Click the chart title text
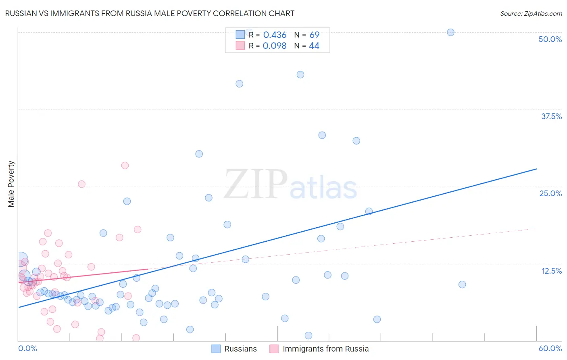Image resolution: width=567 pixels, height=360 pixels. click(x=150, y=13)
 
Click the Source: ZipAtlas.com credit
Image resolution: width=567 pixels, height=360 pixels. click(x=531, y=13)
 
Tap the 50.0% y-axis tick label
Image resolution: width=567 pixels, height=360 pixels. click(x=550, y=39)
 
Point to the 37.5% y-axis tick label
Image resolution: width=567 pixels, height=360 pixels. click(x=551, y=116)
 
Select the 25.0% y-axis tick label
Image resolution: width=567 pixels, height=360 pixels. click(x=550, y=193)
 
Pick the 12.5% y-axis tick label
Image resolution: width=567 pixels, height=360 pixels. click(x=551, y=271)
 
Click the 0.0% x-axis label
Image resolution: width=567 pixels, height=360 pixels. click(x=27, y=348)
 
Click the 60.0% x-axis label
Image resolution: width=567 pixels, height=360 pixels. click(x=550, y=348)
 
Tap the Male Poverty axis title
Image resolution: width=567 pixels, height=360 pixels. click(x=11, y=184)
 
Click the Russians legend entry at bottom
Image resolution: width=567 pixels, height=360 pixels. click(x=234, y=349)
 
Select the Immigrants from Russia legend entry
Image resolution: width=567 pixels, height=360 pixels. click(x=319, y=349)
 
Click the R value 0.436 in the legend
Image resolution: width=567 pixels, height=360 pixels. click(x=275, y=35)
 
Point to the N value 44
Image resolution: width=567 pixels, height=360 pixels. click(x=314, y=46)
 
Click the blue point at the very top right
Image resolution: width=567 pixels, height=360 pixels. click(x=450, y=32)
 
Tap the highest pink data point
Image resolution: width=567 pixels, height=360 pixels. click(x=125, y=165)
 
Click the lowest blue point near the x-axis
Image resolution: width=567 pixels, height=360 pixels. click(x=309, y=335)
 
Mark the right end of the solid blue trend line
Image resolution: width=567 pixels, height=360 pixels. click(x=536, y=169)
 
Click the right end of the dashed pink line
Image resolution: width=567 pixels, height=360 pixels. click(x=535, y=229)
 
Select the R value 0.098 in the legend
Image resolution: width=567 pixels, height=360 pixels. click(x=275, y=46)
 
